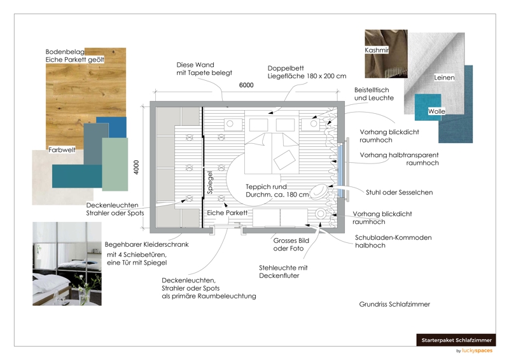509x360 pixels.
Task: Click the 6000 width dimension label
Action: click(x=246, y=85)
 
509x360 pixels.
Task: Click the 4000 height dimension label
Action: click(x=136, y=167)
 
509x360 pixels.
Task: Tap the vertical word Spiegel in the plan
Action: click(x=210, y=181)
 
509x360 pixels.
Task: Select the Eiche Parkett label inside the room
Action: click(x=227, y=212)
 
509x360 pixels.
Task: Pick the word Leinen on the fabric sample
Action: click(x=444, y=78)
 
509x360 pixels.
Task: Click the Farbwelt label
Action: click(x=62, y=151)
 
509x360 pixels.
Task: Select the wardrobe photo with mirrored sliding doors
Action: click(x=67, y=263)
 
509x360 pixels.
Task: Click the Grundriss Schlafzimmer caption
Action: click(x=394, y=305)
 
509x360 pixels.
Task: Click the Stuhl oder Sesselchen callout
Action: click(x=400, y=193)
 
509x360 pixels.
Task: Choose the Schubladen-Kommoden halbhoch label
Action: click(x=393, y=242)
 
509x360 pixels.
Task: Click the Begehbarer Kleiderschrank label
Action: click(x=147, y=244)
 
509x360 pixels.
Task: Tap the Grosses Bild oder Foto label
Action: click(x=292, y=245)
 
